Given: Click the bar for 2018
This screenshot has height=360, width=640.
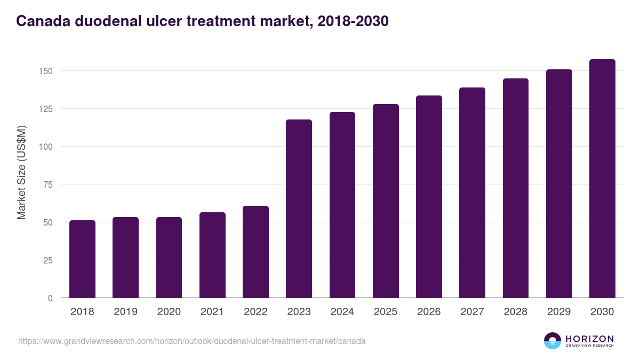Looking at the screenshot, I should pyautogui.click(x=82, y=259).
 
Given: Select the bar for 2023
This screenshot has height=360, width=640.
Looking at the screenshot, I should pyautogui.click(x=299, y=209).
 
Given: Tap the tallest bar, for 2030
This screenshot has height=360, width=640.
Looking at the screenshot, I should pyautogui.click(x=602, y=179).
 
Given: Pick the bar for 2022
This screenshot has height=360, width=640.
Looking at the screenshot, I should pyautogui.click(x=255, y=252).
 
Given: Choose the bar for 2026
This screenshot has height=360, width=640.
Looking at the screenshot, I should pyautogui.click(x=429, y=197).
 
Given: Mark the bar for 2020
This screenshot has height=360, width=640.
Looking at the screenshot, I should pyautogui.click(x=169, y=258).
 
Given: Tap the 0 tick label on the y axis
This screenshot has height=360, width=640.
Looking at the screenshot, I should pyautogui.click(x=50, y=298).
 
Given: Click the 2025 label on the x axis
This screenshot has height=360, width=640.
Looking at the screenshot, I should pyautogui.click(x=386, y=312).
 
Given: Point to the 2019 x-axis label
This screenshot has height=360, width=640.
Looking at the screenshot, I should pyautogui.click(x=125, y=312).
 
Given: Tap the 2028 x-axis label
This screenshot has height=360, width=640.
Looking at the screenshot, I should pyautogui.click(x=516, y=312).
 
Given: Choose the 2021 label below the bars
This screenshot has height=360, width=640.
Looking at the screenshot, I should pyautogui.click(x=212, y=312).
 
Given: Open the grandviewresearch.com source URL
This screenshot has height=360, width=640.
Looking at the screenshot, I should pyautogui.click(x=192, y=341).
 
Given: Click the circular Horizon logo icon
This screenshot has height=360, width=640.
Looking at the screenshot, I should pyautogui.click(x=553, y=341).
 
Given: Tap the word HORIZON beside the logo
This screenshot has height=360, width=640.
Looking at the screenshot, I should pyautogui.click(x=589, y=338).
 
